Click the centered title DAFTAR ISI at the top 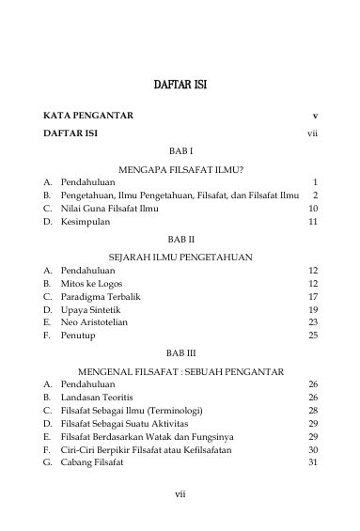[x=180, y=86]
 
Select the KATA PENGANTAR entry [x=88, y=116]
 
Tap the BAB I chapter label [x=180, y=150]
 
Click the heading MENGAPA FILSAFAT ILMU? [x=180, y=168]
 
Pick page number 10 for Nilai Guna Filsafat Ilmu [x=313, y=208]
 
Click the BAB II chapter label [x=180, y=240]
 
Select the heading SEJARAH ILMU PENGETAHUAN [x=180, y=256]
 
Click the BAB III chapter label [x=180, y=353]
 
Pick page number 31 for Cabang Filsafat [x=313, y=463]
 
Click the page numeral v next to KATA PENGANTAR [x=315, y=116]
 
